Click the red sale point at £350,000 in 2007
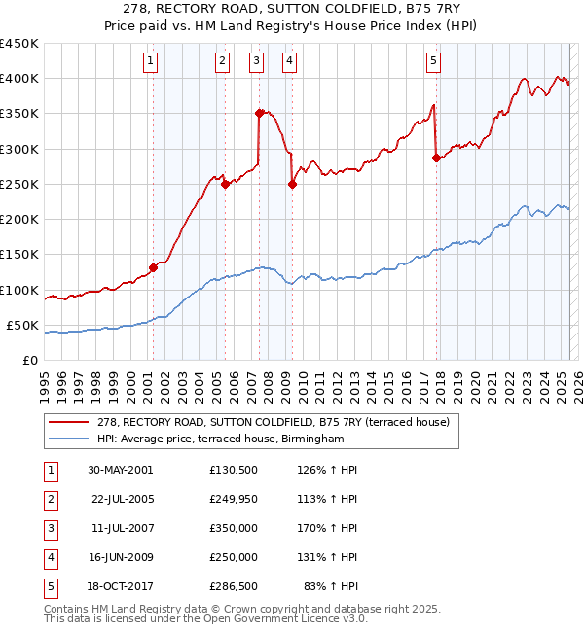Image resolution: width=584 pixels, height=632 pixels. pos(259,113)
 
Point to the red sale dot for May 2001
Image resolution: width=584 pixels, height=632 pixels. pos(153,267)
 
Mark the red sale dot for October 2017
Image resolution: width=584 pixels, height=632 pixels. pos(436,158)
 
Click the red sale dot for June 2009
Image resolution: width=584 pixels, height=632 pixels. pos(292,184)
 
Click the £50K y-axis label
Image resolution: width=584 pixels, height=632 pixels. pos(23,325)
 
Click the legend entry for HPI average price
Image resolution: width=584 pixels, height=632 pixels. pos(220,439)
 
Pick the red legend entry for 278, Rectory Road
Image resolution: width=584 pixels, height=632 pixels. pos(273,423)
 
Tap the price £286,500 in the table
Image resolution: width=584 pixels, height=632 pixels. pos(234,586)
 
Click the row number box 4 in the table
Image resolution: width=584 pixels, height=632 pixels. pos(50,558)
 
